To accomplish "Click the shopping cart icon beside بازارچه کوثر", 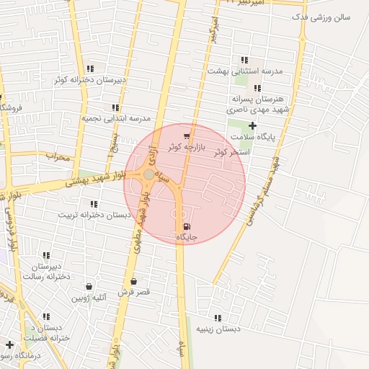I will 187,135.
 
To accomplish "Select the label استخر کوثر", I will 231,152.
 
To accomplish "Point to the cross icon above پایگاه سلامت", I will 252,125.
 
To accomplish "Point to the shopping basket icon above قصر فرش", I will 133,281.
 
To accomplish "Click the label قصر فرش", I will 133,292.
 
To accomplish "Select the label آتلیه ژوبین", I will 89,297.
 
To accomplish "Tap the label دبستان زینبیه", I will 217,329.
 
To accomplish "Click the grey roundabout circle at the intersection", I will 148,174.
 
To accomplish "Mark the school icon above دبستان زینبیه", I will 218,318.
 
